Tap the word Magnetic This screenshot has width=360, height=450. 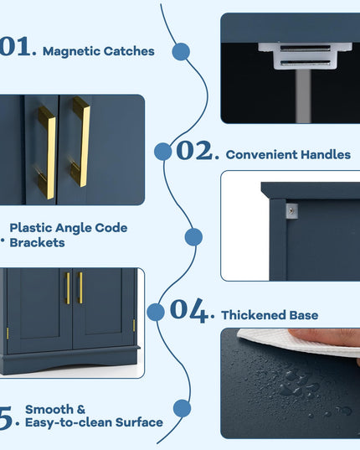tap(71, 51)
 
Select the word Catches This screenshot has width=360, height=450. tap(129, 51)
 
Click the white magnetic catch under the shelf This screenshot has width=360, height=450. tap(305, 55)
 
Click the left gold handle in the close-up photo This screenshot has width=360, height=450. tap(47, 153)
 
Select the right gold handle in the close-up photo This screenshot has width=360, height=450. tap(81, 142)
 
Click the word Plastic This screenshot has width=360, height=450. tap(31, 228)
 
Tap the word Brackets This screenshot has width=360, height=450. tap(38, 243)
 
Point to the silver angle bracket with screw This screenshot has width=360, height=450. tap(292, 211)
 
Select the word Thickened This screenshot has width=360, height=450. tap(254, 315)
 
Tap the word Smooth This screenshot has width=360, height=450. tap(49, 409)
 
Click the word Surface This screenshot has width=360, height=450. tap(139, 422)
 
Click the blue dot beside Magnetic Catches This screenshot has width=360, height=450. tap(181, 52)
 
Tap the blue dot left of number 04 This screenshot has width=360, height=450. tap(156, 313)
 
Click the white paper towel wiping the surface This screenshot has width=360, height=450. tap(298, 343)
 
